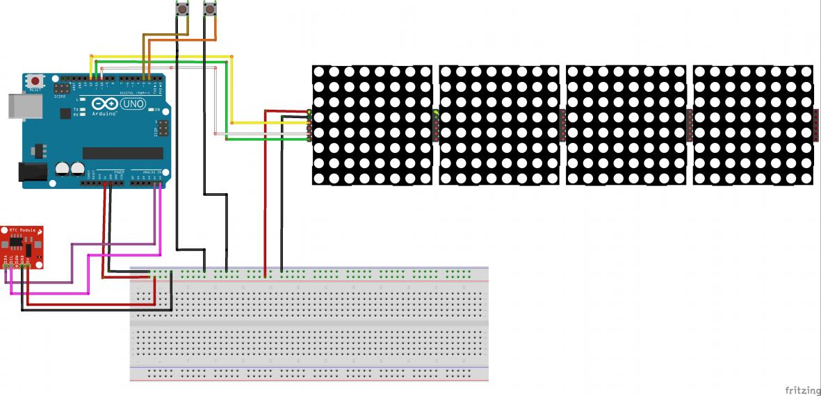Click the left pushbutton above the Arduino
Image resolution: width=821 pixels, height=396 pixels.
183,9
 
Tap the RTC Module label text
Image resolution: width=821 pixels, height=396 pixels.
22,230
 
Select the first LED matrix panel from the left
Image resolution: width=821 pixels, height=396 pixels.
372,125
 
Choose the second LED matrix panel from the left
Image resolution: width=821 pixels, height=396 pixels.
499,125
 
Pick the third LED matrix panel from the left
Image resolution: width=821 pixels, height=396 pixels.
626,125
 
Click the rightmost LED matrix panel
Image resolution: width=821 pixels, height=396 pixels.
753,125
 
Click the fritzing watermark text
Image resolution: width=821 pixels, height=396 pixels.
801,390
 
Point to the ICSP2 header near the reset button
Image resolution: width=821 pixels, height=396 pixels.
62,90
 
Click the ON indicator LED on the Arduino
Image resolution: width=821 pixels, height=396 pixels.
149,110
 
